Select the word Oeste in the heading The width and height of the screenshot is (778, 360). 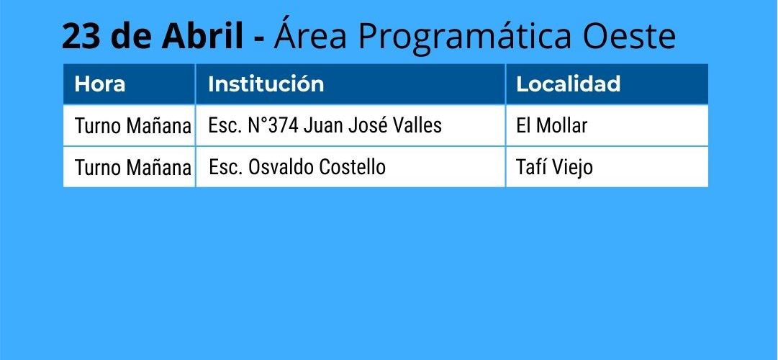tap(629, 36)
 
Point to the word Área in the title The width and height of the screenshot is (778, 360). tap(309, 34)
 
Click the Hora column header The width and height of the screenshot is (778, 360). tap(99, 84)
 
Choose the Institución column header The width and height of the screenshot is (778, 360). tap(266, 84)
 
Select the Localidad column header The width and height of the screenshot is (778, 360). tap(568, 84)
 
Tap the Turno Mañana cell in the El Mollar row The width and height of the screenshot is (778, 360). tap(132, 126)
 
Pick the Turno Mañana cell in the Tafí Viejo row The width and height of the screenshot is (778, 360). tap(132, 168)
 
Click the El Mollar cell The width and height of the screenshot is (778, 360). tap(552, 125)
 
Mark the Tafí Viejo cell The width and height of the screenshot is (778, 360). tap(554, 168)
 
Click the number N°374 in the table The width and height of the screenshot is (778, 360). tap(273, 125)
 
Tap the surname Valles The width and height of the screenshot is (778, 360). tap(417, 125)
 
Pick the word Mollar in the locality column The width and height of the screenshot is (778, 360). tap(562, 125)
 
